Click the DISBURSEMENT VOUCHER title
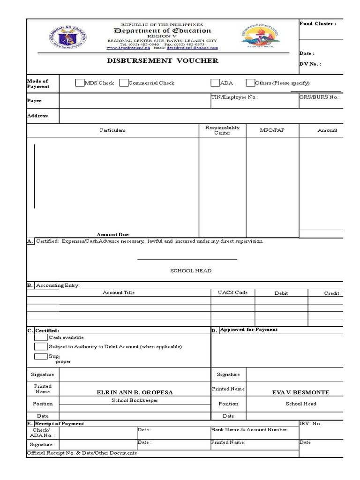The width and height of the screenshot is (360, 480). coord(162,61)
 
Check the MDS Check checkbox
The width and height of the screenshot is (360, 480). coord(80,83)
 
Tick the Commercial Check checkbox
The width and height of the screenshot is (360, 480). coord(124,83)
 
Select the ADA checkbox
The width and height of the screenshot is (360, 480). coord(215,83)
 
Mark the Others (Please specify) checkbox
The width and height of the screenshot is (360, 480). coord(250,83)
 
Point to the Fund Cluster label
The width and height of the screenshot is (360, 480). coord(317,24)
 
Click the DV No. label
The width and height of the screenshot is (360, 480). coord(310,64)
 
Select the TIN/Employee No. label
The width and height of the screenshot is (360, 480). coord(234,97)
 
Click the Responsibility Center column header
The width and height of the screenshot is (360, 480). coord(223,130)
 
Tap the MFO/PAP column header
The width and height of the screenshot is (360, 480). coord(272,130)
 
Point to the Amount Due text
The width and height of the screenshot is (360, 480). coord(112,234)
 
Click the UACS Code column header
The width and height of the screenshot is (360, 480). coord(232,293)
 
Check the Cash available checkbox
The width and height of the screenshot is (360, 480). coord(41,337)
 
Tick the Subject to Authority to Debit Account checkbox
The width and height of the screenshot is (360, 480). coord(41,347)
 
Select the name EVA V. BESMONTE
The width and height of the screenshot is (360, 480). coord(300,392)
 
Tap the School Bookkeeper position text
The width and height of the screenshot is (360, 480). coord(135,400)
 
